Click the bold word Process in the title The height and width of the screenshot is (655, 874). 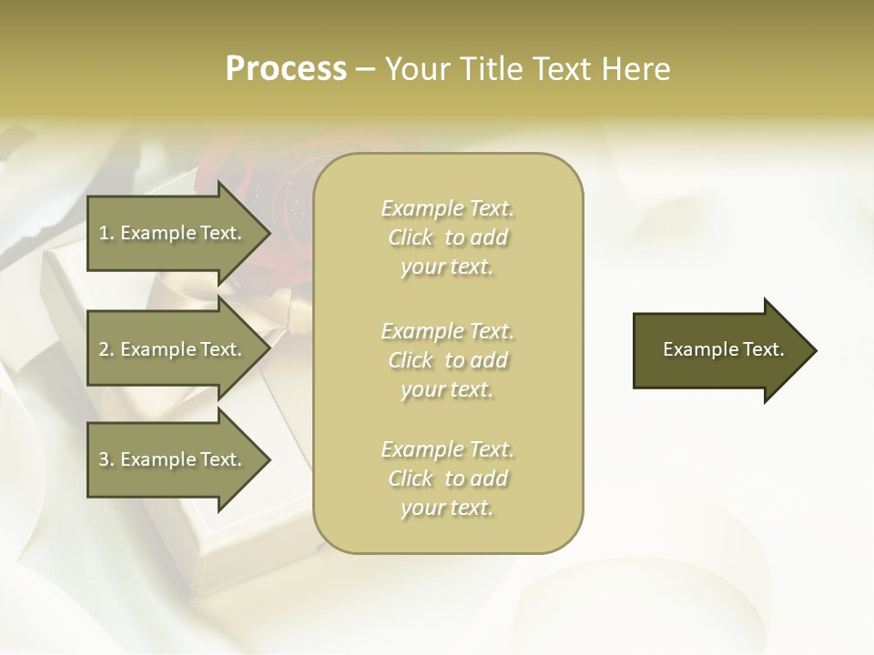coord(286,68)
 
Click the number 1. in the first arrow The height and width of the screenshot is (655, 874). coord(107,233)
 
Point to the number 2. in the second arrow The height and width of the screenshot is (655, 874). coord(107,349)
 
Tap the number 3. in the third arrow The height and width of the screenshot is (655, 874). coord(107,459)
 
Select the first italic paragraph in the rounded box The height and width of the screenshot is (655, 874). coord(447,237)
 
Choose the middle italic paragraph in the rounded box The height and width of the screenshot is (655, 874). coord(447,360)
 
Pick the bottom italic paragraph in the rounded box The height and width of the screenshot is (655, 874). coord(447,479)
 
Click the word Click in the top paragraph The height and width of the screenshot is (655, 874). coord(411,237)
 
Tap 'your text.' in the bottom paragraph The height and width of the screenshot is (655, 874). coord(447,508)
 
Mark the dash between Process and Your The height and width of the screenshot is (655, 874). coord(365,69)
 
